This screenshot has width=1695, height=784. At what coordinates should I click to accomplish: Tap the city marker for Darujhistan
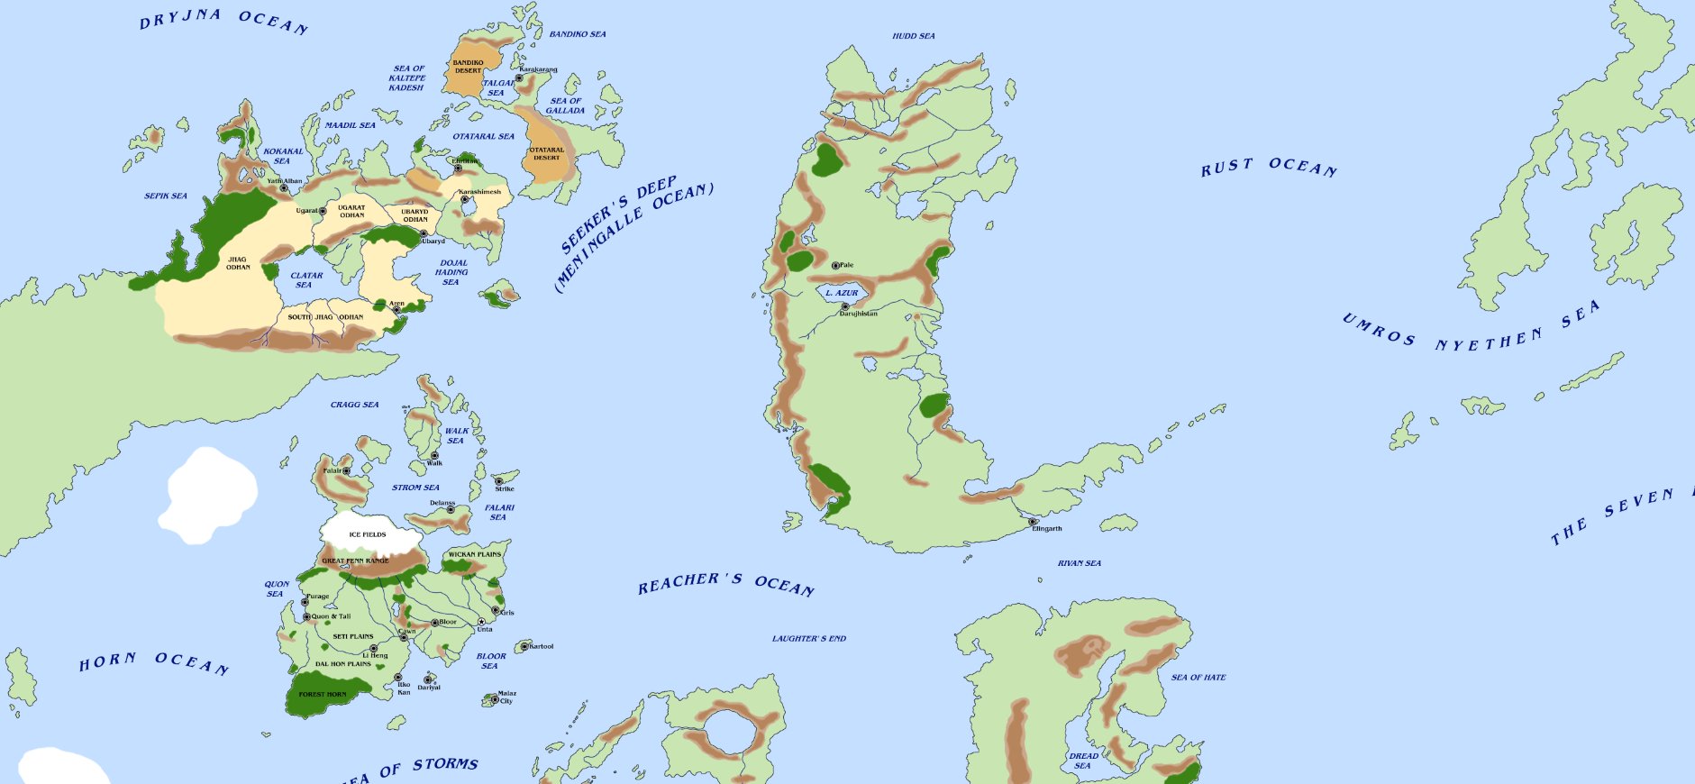[x=845, y=306]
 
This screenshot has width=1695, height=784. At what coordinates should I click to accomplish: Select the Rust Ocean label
[x=1269, y=167]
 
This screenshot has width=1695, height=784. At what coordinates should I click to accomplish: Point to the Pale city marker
[x=835, y=265]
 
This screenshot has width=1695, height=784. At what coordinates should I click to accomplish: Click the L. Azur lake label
[x=843, y=293]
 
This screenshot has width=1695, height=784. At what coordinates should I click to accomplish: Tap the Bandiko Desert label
[x=468, y=67]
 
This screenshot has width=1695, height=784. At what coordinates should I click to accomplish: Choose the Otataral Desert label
[x=546, y=153]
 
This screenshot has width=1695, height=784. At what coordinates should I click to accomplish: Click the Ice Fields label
[x=368, y=534]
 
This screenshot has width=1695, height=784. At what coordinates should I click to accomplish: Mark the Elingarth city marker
[x=1033, y=522]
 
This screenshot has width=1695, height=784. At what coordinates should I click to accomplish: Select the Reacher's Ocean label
[x=726, y=583]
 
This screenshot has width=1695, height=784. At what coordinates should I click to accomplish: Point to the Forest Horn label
[x=323, y=695]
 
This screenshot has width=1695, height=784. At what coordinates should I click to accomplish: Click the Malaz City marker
[x=494, y=698]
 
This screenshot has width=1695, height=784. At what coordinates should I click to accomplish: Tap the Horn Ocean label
[x=153, y=662]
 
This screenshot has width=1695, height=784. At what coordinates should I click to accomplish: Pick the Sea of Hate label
[x=1198, y=677]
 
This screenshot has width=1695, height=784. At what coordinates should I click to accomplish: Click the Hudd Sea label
[x=914, y=36]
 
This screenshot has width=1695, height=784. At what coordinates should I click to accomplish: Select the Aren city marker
[x=396, y=310]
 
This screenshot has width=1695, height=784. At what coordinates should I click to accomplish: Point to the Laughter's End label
[x=809, y=638]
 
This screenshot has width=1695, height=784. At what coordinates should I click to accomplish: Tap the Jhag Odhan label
[x=238, y=263]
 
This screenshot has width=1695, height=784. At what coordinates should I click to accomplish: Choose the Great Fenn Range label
[x=356, y=561]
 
